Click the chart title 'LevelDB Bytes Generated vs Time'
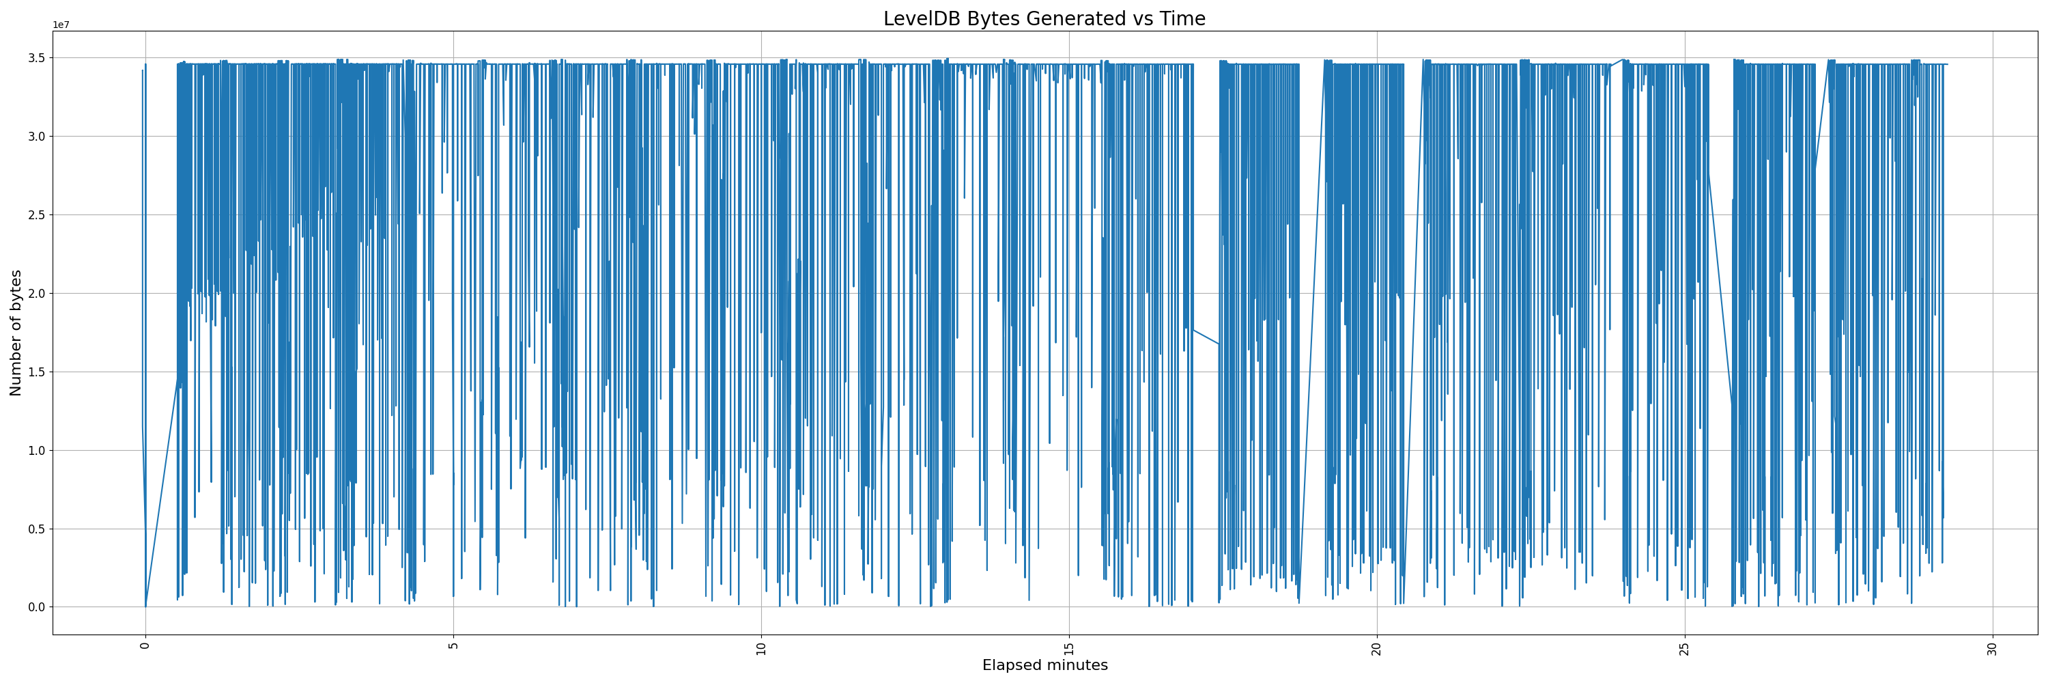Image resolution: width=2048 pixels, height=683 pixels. (x=1044, y=18)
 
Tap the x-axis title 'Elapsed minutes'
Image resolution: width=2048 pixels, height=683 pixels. (x=1044, y=665)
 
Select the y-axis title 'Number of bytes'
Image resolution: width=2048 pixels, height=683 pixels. (x=16, y=333)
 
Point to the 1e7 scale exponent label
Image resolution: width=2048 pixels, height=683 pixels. (x=61, y=25)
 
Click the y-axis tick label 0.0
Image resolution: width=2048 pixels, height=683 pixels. (x=38, y=607)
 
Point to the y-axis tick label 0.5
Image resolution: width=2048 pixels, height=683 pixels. (x=38, y=529)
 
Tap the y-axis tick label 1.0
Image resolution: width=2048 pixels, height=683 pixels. (x=38, y=451)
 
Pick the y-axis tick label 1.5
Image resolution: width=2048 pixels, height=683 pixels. (x=38, y=372)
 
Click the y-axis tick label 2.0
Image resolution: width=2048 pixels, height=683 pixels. (x=38, y=294)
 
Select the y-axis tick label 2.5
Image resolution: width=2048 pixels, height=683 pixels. (x=38, y=214)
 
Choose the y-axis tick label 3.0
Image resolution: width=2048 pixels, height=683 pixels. (x=38, y=137)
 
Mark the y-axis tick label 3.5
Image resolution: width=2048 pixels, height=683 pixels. (x=38, y=58)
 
